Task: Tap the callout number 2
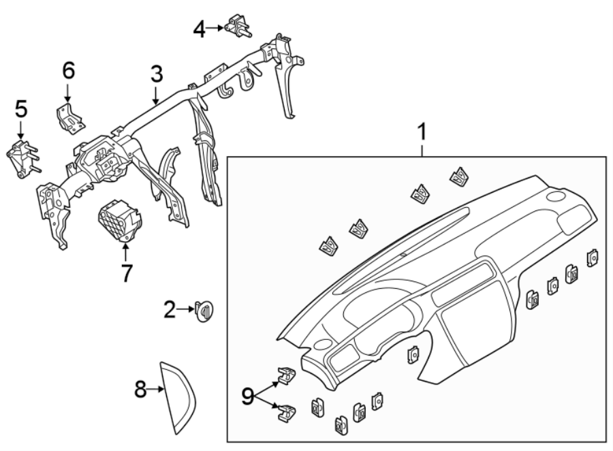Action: [x=170, y=310]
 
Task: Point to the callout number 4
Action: [x=199, y=28]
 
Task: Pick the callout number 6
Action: [x=68, y=70]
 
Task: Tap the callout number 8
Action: [x=140, y=390]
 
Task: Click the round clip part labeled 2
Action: [x=204, y=311]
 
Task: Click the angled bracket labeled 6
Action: [x=70, y=115]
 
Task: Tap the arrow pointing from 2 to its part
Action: [x=186, y=310]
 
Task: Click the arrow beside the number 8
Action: [x=157, y=390]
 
